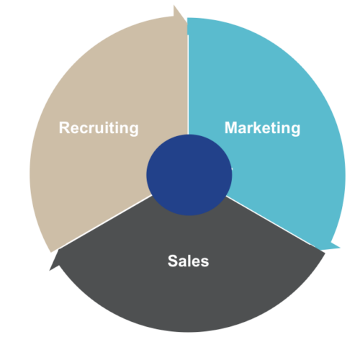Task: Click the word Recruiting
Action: tap(99, 128)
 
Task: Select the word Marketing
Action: tap(262, 128)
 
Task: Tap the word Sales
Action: tap(188, 261)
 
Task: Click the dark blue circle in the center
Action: tap(189, 175)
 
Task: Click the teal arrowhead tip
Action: tap(340, 248)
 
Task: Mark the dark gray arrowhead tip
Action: tap(50, 271)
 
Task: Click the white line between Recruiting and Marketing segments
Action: tap(188, 84)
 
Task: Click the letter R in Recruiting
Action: tap(64, 127)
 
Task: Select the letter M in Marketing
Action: tap(231, 127)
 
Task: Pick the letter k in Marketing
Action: tap(257, 127)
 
